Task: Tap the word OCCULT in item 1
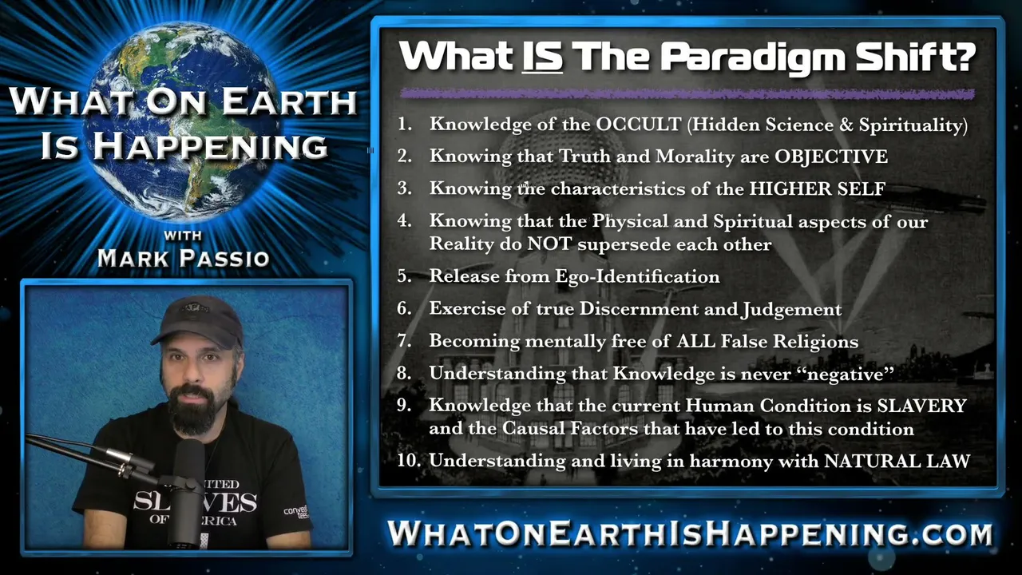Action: [x=639, y=125]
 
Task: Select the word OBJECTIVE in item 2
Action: [x=831, y=157]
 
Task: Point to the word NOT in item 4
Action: [x=550, y=244]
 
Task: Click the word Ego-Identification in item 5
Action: [x=637, y=276]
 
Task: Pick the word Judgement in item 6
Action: [x=791, y=309]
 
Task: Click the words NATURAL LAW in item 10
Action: [x=897, y=461]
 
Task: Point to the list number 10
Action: [x=408, y=461]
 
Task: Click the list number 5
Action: [x=404, y=276]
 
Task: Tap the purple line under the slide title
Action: [x=687, y=94]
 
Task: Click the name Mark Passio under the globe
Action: [x=184, y=258]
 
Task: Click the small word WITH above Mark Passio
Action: [x=183, y=236]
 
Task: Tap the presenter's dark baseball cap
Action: [x=199, y=321]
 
